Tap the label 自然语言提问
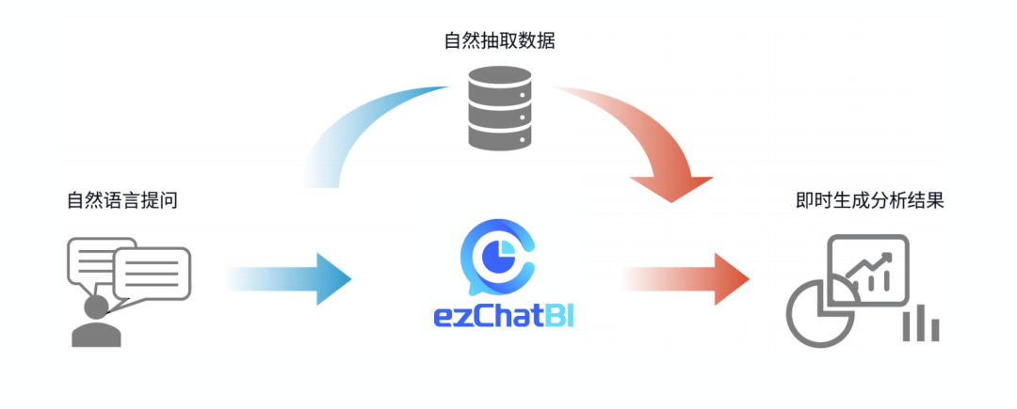pyautogui.click(x=122, y=200)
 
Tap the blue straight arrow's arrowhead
pyautogui.click(x=331, y=277)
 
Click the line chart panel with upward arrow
pyautogui.click(x=867, y=267)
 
